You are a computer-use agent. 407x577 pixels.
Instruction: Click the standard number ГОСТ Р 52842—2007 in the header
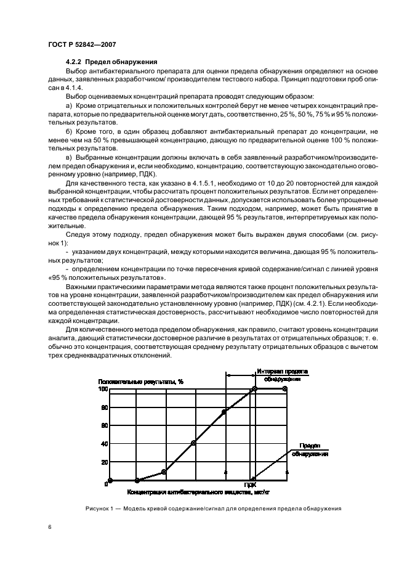[82, 45]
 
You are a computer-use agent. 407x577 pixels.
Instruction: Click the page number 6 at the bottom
[50, 528]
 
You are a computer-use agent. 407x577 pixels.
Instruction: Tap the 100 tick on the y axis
[103, 389]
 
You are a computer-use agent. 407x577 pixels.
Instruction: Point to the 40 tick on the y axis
[104, 444]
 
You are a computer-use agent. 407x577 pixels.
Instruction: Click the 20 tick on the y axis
[104, 462]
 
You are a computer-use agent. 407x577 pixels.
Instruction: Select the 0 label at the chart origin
[106, 484]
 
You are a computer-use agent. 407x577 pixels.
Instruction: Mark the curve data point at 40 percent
[193, 443]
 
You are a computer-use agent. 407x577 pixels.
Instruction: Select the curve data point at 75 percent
[224, 411]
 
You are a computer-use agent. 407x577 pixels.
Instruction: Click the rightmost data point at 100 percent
[284, 389]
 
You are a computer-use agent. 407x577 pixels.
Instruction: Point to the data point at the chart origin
[110, 480]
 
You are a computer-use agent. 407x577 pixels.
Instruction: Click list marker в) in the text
[68, 158]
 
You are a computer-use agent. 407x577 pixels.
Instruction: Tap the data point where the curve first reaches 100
[253, 389]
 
